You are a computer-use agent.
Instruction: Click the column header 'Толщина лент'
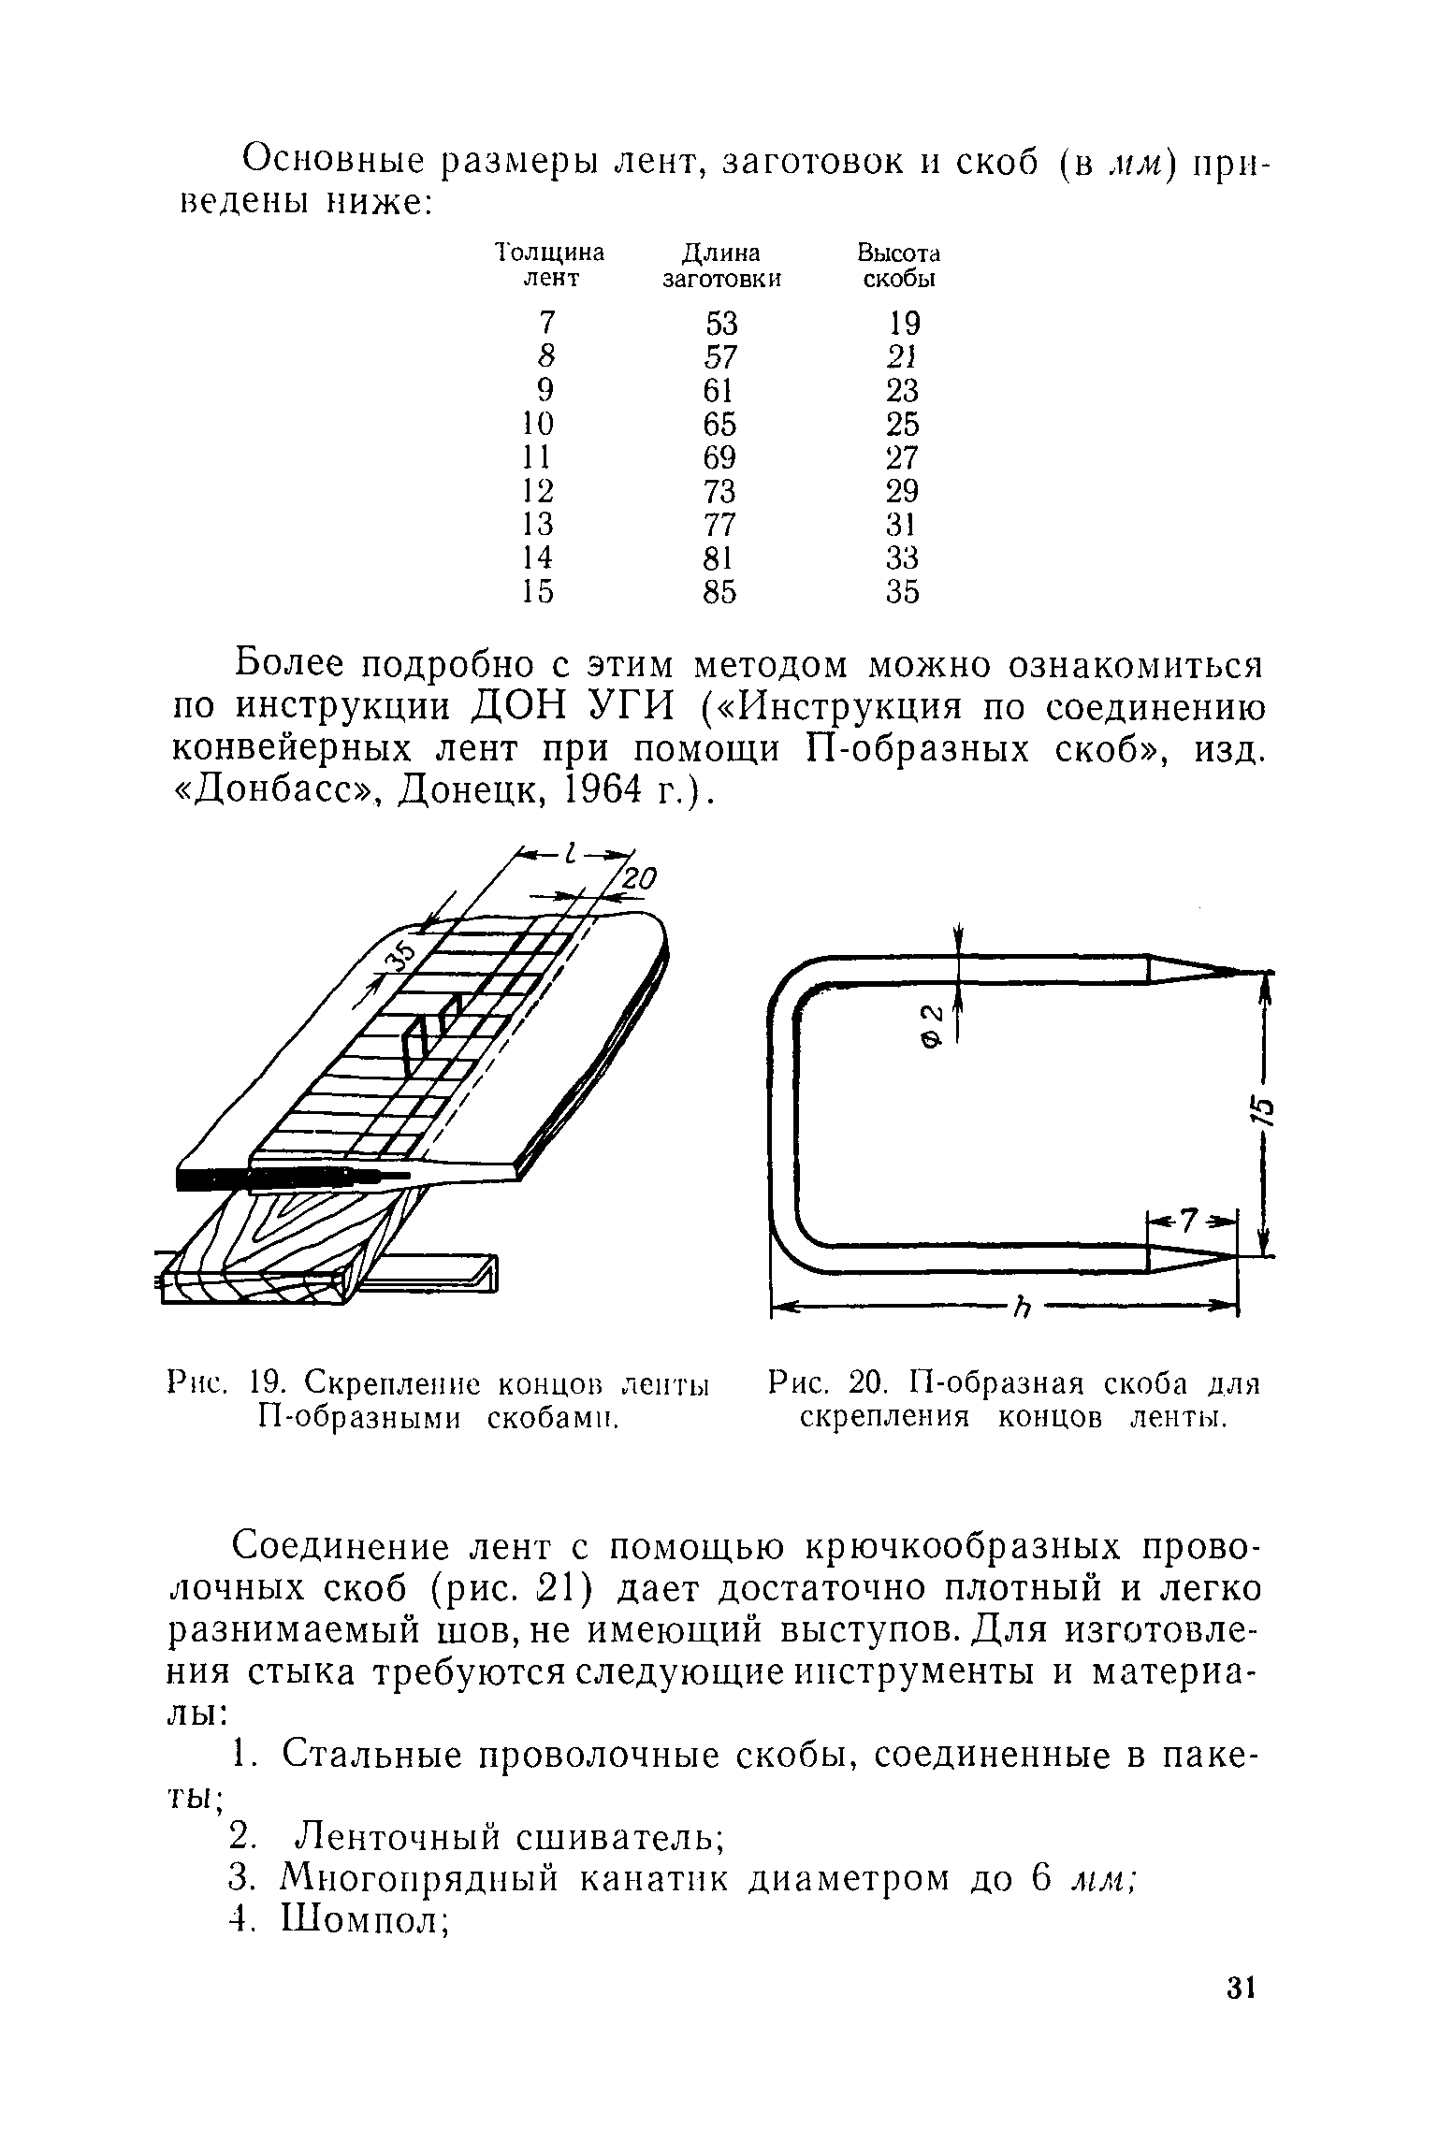coord(549,266)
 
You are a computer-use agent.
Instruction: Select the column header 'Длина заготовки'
coord(720,266)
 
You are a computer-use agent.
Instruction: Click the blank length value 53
coord(721,324)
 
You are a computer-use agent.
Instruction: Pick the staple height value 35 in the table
coord(903,592)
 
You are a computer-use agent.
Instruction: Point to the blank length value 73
coord(721,491)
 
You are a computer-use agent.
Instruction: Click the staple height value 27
coord(903,458)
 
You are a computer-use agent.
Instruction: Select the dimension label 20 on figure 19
coord(641,879)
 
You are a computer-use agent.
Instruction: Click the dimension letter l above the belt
coord(573,852)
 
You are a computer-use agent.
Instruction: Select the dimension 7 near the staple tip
coord(1189,1221)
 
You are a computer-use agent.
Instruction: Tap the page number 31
coord(1239,2014)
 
